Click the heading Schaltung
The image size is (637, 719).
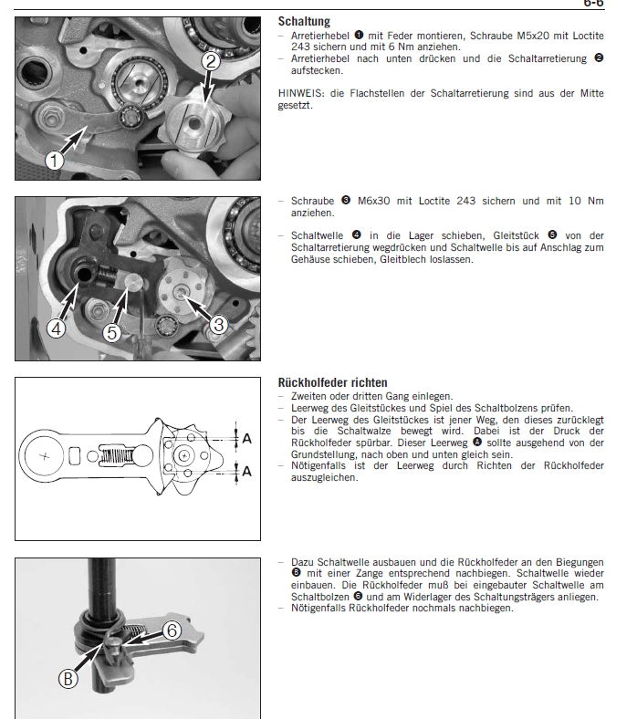pos(304,20)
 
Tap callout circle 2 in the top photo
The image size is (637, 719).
pos(210,62)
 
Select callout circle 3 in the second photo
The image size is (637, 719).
pos(217,323)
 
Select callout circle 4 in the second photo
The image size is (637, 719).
pos(56,329)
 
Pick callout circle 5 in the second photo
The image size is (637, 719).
pos(111,332)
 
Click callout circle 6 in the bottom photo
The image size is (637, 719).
pos(172,630)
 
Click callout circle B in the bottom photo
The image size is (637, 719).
pos(68,678)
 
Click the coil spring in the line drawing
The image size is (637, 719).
pos(120,453)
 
